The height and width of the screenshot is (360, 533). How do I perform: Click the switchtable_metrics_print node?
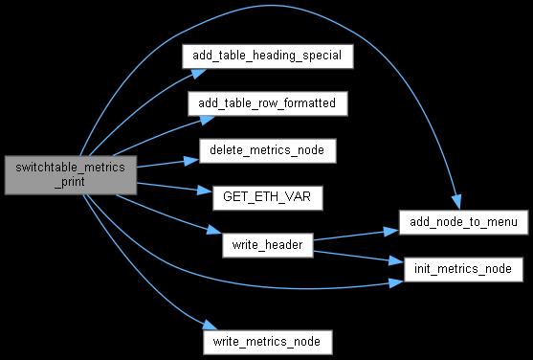click(71, 175)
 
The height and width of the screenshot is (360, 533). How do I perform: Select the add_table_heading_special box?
click(268, 56)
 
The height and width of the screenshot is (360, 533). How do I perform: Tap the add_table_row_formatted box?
click(268, 103)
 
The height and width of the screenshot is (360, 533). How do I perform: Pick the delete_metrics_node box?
click(268, 150)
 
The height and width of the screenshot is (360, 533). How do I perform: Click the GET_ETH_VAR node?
click(268, 197)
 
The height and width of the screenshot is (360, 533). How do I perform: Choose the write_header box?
click(268, 245)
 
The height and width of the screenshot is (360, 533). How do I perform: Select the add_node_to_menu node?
click(463, 222)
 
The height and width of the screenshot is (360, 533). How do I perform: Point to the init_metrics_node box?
click(463, 269)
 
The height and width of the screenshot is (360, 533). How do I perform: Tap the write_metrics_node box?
click(268, 342)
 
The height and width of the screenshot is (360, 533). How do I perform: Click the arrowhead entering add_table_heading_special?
click(199, 73)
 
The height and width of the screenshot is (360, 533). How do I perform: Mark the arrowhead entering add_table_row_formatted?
click(207, 120)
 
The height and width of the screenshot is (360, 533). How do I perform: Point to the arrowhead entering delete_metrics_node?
click(191, 161)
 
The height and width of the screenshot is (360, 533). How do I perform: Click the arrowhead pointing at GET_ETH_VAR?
click(205, 190)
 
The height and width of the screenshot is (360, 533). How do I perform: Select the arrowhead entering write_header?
click(214, 230)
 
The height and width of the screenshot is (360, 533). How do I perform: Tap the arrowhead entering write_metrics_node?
click(210, 325)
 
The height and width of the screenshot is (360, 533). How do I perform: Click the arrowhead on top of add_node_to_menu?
click(456, 202)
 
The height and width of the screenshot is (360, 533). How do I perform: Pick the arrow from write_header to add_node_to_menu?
click(356, 236)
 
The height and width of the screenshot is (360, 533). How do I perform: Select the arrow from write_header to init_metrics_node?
click(359, 257)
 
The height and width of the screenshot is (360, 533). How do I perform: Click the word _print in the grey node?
click(71, 182)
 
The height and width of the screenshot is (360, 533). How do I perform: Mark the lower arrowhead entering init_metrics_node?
click(396, 283)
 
